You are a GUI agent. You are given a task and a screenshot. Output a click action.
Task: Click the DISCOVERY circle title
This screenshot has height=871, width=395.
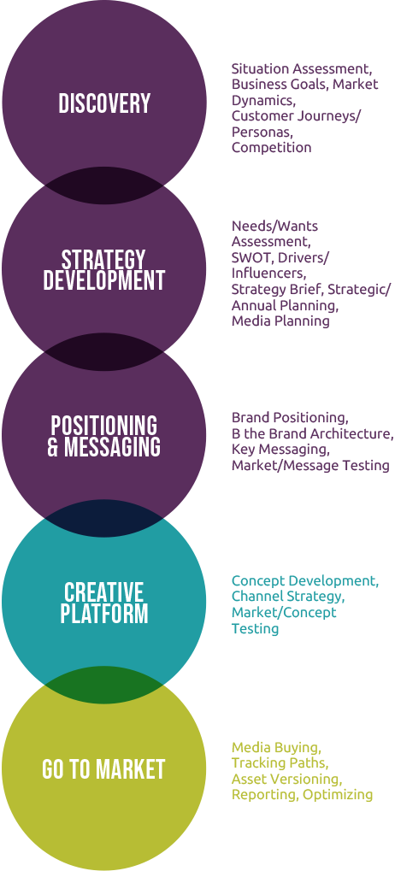coord(104,103)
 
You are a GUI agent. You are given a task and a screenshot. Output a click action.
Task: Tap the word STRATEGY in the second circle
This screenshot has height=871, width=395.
coord(103,260)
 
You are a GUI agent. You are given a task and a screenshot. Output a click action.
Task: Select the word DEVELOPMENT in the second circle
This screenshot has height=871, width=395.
coord(104,280)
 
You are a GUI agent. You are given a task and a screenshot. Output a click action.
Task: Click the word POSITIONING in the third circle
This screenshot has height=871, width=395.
coord(104,426)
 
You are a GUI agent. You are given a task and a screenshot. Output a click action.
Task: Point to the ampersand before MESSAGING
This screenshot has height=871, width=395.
coord(53,446)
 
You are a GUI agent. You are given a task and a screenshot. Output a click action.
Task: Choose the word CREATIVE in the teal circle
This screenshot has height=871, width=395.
coord(104,592)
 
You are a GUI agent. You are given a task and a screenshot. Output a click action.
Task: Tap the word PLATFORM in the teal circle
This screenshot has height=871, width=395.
coord(104,613)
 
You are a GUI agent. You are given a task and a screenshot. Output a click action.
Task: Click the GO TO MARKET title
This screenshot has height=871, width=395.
coord(104,769)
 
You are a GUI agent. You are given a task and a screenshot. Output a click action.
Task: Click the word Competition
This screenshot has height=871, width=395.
coord(272,148)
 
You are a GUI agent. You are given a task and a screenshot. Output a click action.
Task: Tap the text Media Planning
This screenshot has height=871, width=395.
coord(280,321)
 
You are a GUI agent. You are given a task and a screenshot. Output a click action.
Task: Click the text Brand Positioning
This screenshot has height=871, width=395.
coord(290,418)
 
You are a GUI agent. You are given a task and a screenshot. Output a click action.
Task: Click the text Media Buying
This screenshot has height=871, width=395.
coord(276,746)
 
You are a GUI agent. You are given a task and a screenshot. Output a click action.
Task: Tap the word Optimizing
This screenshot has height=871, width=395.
coord(338,794)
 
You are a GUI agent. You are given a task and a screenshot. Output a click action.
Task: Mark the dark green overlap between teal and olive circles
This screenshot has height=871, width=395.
coord(104,686)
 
